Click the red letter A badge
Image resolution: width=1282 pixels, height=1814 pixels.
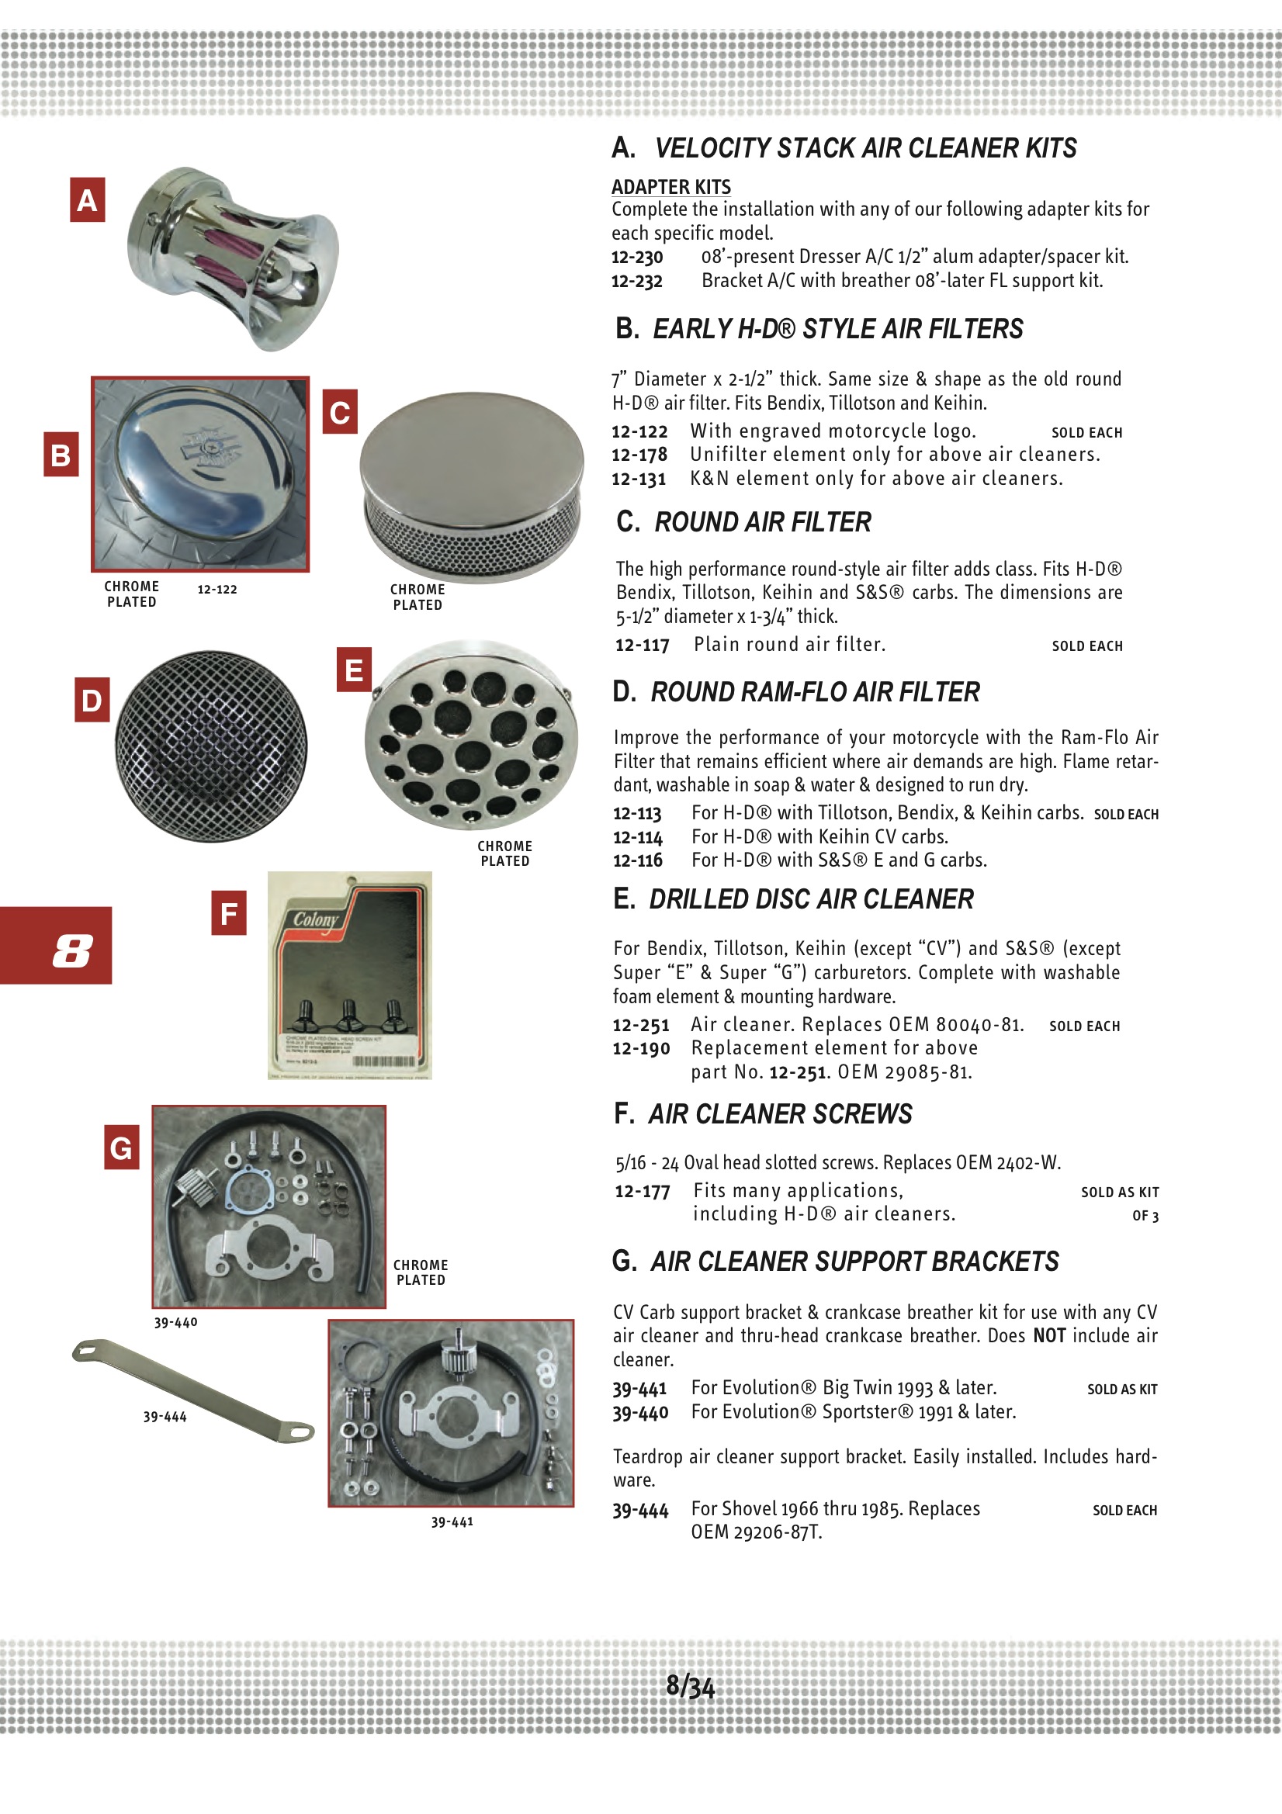point(87,199)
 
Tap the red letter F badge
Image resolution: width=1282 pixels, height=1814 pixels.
point(228,912)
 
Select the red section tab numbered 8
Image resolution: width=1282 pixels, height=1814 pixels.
point(55,945)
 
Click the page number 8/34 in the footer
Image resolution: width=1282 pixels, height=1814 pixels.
point(690,1686)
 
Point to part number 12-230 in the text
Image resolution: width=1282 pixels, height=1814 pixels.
point(637,258)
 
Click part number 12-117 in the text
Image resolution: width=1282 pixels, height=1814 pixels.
point(642,645)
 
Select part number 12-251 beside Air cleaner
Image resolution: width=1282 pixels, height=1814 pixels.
point(640,1026)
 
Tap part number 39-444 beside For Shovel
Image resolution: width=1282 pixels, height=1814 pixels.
point(640,1511)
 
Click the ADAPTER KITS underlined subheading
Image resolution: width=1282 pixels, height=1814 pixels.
point(671,187)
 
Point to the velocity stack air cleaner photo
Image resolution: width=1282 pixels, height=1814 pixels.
point(233,258)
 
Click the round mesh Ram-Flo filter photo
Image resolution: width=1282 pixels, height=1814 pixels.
point(211,746)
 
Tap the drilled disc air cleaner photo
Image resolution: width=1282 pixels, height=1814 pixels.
point(471,735)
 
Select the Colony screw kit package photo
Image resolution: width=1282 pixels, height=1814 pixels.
point(349,975)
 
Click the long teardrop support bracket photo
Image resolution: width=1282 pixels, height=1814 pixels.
point(193,1390)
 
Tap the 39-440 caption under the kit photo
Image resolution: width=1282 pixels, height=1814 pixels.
point(175,1323)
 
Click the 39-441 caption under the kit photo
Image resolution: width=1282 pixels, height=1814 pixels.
point(452,1521)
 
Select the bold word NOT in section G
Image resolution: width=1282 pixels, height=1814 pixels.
point(1049,1335)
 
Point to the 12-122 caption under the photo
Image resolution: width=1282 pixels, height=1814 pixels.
point(217,590)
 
